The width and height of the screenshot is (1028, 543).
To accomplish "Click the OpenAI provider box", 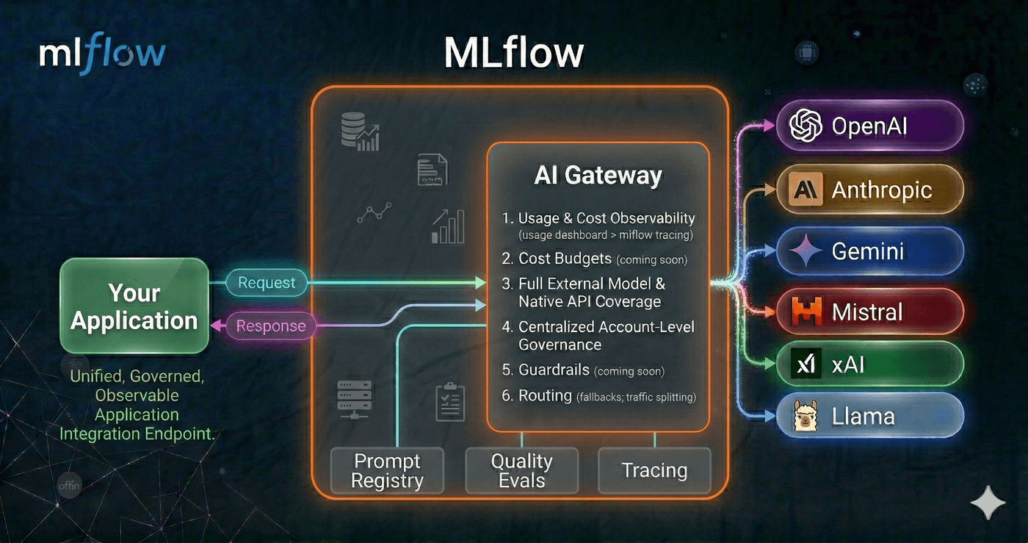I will (869, 126).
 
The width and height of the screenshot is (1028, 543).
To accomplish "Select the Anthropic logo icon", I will (806, 190).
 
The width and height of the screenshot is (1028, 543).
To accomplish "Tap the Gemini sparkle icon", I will (806, 251).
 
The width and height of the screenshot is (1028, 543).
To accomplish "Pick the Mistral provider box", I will (869, 312).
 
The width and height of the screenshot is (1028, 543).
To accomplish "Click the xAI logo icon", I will (806, 364).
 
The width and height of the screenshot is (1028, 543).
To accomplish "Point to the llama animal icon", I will (806, 417).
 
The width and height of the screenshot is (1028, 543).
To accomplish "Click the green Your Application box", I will (134, 306).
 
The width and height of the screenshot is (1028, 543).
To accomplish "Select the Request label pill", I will (266, 283).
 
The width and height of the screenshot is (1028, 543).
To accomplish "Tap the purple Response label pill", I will (270, 326).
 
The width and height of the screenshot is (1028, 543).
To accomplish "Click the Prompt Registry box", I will (387, 470).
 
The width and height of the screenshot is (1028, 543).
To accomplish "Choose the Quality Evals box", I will (521, 470).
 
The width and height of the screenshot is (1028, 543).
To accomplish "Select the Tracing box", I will (654, 470).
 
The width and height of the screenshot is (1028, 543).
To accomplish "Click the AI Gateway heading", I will (598, 176).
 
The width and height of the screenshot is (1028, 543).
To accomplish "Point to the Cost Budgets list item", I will (565, 259).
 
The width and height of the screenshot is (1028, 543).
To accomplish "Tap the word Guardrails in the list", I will (554, 370).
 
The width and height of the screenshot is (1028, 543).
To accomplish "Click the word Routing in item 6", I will (545, 395).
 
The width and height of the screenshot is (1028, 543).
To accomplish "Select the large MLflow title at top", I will (513, 53).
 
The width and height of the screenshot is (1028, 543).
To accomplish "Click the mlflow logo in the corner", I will (102, 54).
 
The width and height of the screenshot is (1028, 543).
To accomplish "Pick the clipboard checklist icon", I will (450, 401).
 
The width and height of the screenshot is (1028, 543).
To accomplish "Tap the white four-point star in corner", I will (988, 503).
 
